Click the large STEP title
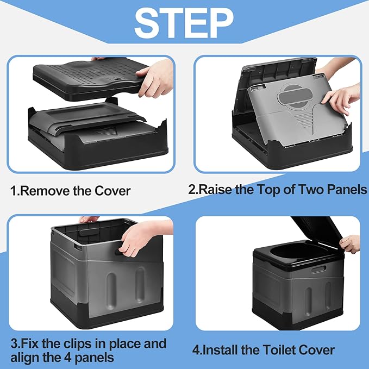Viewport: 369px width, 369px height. click(184, 23)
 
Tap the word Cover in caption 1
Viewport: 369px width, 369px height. click(112, 191)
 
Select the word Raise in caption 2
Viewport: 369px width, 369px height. click(215, 189)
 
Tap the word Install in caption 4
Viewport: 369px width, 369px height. click(220, 350)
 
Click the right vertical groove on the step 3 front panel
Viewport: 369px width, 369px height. click(140, 285)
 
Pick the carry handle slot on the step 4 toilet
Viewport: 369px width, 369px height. click(318, 269)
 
